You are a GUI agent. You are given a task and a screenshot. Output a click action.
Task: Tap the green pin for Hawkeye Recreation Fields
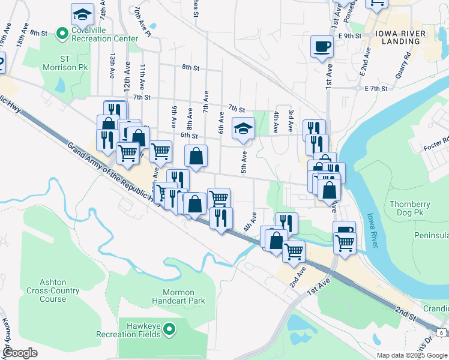[169, 329]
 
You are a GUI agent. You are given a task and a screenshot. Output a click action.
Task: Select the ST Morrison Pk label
[65, 63]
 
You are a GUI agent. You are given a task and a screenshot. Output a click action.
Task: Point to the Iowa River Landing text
[397, 37]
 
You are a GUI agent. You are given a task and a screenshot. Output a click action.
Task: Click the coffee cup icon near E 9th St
[322, 46]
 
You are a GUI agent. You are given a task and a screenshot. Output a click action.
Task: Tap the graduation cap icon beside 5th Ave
[243, 128]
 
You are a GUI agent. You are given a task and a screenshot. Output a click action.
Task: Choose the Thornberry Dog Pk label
[414, 208]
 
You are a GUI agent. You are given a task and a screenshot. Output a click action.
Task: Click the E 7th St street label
[376, 88]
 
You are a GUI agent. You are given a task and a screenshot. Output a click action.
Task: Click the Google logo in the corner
[19, 353]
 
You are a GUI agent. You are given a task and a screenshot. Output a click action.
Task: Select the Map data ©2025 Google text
[411, 355]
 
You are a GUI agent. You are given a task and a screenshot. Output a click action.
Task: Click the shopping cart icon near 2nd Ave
[294, 251]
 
